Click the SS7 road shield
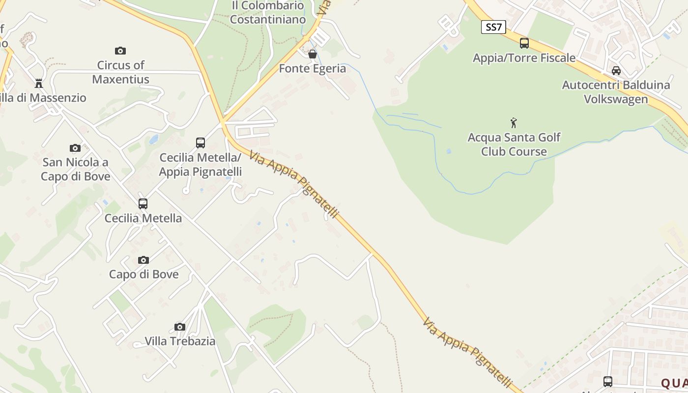pos(493,27)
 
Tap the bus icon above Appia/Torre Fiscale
pos(524,43)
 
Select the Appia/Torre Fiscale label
pos(524,58)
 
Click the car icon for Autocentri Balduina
pos(616,71)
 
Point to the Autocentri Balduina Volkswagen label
pos(616,92)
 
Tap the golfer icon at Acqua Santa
pos(514,122)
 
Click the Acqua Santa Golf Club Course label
pos(514,144)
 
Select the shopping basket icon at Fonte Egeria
pos(312,54)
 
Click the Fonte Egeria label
pos(313,68)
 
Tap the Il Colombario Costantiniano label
pos(268,13)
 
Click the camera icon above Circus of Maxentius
pos(120,51)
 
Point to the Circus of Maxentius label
pos(121,72)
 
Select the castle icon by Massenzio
pos(39,84)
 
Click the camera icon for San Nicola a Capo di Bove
pos(75,148)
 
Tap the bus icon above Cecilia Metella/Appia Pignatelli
pos(201,143)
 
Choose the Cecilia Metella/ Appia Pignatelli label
pos(201,165)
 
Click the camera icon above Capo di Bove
pos(143,260)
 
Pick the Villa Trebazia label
pos(180,341)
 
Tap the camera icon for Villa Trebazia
pos(180,327)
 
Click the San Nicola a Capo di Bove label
pos(75,169)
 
